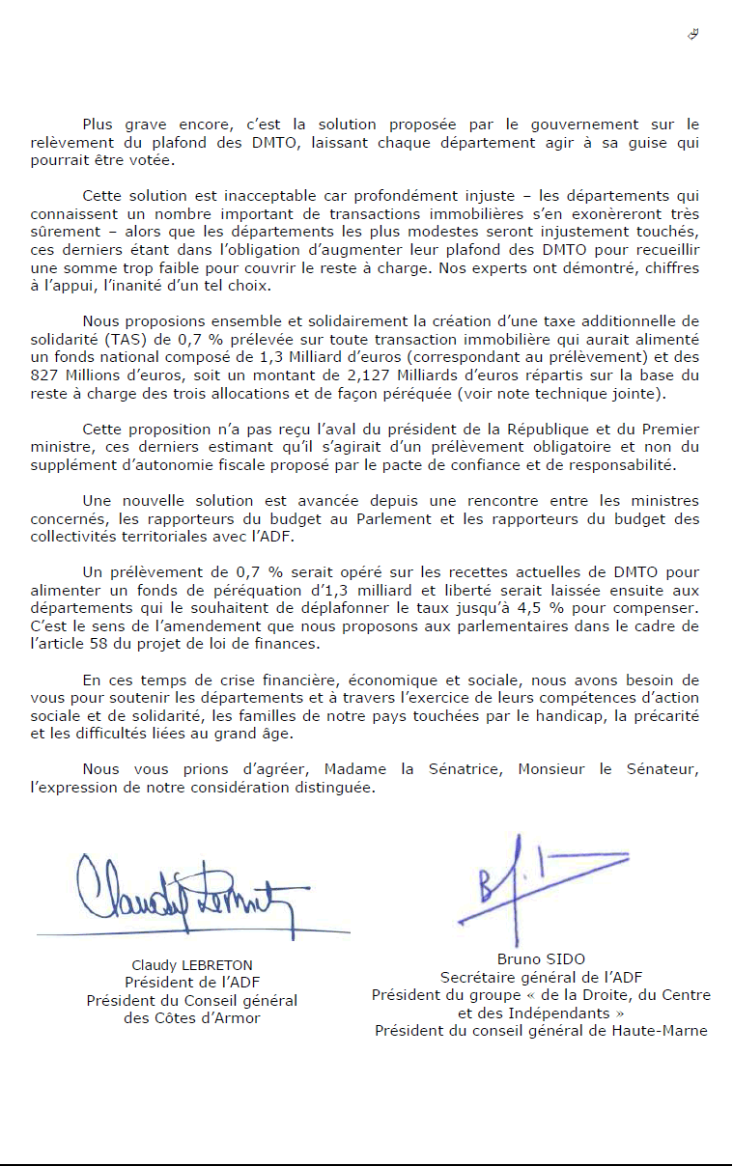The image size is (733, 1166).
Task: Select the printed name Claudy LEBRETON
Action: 191,964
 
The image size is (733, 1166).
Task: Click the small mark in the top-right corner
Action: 692,34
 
